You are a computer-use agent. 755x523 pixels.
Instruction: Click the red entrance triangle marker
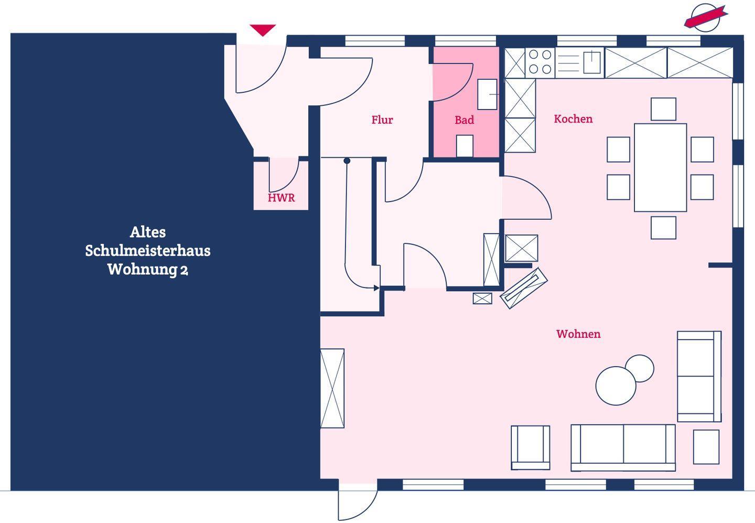pos(263,30)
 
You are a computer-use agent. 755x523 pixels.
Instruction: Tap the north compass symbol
pos(706,17)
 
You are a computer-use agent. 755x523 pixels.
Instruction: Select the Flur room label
pos(382,120)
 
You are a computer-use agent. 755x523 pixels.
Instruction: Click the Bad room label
pos(464,120)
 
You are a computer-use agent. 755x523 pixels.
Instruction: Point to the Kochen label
pos(574,119)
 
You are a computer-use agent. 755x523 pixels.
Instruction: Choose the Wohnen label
pos(578,334)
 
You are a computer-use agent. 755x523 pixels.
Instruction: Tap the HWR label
pos(281,198)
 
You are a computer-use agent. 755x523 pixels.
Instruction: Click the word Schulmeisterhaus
pos(148,251)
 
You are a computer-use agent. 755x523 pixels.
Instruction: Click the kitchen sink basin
pos(592,62)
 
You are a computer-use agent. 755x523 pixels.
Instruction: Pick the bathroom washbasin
pos(488,94)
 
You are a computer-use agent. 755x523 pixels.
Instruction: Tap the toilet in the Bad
pos(465,146)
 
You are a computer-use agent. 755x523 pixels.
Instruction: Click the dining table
pos(660,167)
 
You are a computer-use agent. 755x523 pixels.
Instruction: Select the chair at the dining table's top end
pos(663,109)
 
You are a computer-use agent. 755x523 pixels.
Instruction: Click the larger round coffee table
pos(616,386)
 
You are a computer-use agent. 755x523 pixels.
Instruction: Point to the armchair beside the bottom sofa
pos(531,447)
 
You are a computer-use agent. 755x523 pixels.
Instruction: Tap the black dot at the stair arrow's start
pos(347,161)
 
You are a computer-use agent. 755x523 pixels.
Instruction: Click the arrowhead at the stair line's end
pos(376,288)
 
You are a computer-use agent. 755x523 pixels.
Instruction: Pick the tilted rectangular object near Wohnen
pos(523,289)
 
